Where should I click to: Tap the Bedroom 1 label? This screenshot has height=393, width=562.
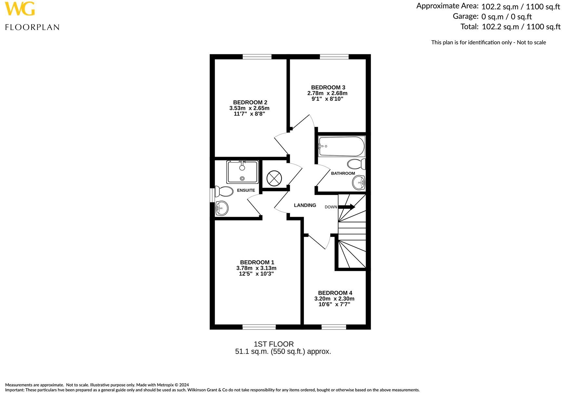point(257,262)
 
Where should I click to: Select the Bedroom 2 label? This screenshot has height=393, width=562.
point(250,102)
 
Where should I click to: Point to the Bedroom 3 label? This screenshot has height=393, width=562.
point(328,87)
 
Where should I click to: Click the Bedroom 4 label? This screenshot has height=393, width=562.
point(335,293)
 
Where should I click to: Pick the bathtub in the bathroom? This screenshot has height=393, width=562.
point(341,146)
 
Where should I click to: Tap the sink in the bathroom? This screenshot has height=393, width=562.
point(359,183)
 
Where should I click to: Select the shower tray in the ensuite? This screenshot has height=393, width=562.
point(243,172)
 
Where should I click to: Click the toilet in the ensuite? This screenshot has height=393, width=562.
point(224,191)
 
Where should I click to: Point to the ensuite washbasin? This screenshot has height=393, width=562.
point(222,208)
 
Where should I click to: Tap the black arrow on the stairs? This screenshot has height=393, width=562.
point(347,207)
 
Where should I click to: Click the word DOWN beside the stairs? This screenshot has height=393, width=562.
point(331,207)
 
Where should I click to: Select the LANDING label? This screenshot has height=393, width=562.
point(305,205)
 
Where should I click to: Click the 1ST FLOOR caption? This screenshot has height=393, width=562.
point(274,344)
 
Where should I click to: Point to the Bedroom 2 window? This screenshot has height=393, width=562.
point(257,57)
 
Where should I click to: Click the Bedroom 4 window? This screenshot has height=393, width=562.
point(334,327)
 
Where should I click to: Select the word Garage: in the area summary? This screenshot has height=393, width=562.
point(465,16)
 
